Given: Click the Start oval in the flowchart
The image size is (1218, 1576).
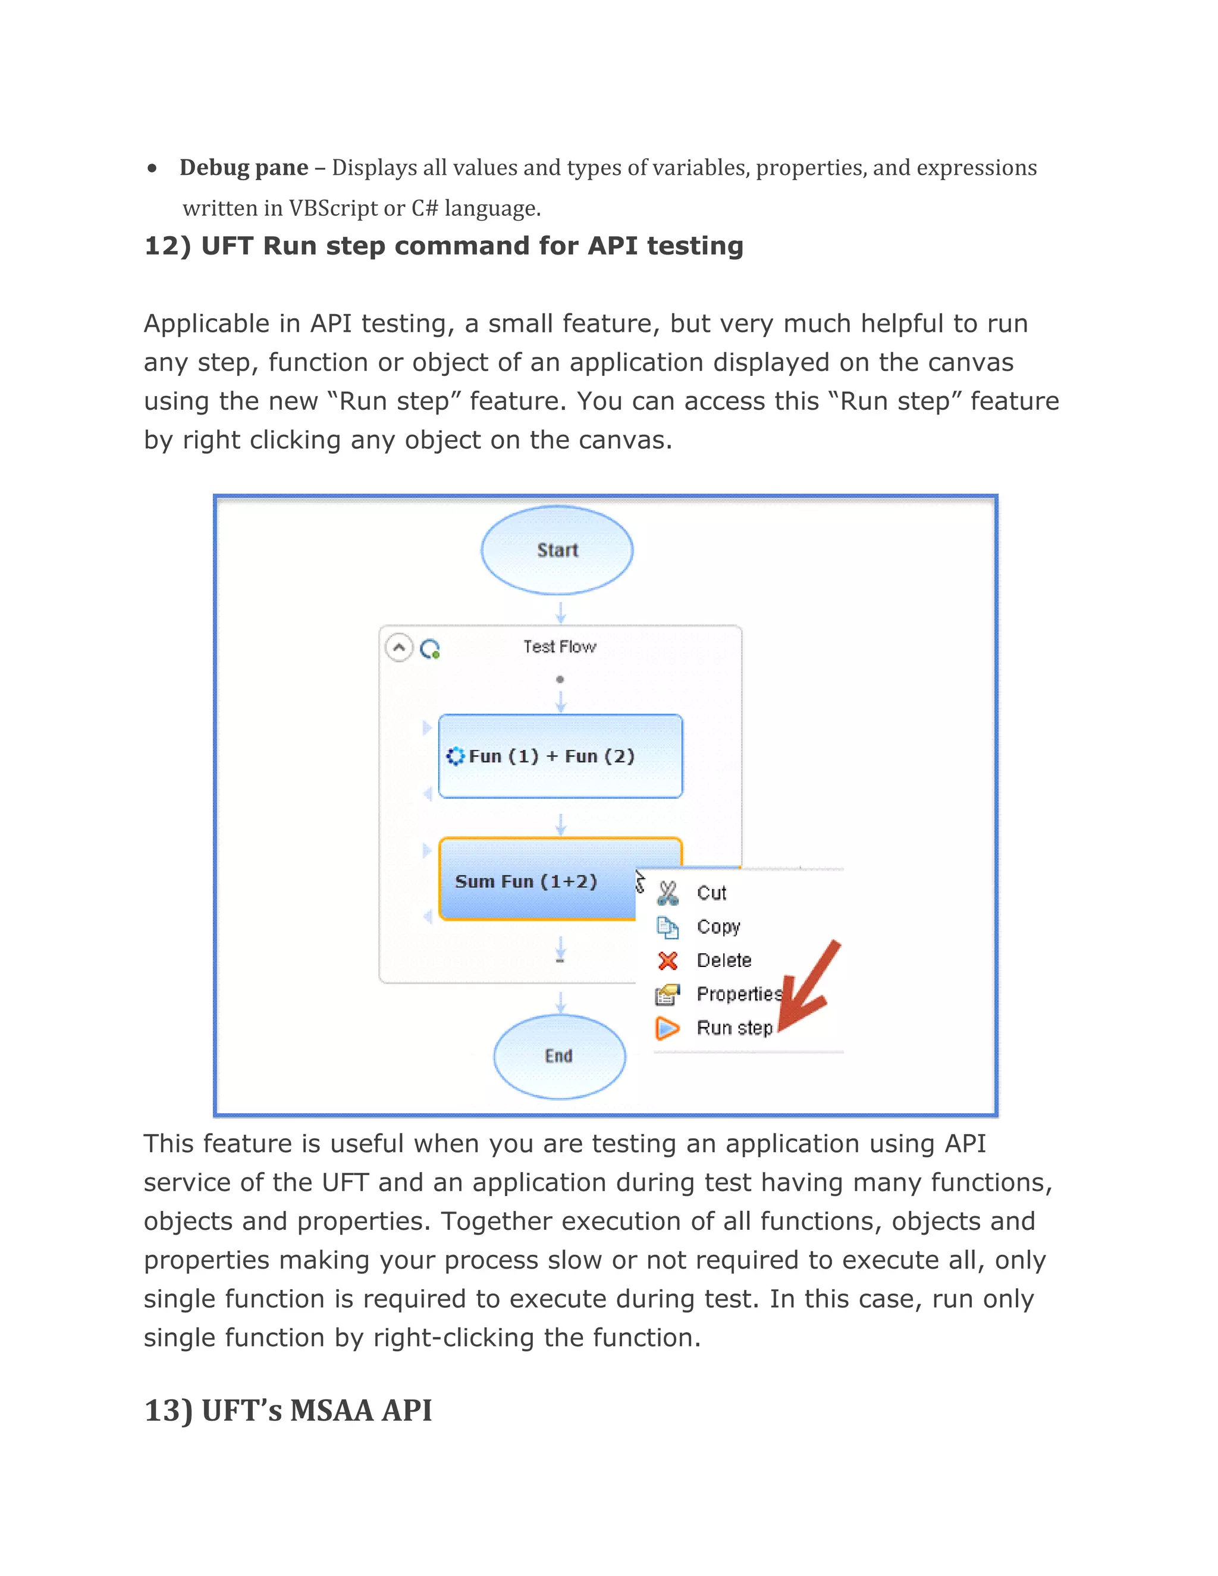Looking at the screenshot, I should click(x=557, y=550).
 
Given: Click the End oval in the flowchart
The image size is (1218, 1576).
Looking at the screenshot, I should click(x=559, y=1056).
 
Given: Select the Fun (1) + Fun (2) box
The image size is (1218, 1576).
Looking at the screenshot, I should click(x=560, y=755).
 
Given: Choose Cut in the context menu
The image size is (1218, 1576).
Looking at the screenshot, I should click(x=711, y=893).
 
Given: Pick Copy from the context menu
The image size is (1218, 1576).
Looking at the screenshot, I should click(x=718, y=927).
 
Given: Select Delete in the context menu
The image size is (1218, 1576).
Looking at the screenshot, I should click(x=724, y=960).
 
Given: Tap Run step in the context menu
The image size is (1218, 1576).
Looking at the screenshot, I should click(x=734, y=1028).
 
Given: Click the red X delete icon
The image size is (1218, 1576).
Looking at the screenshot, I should click(x=668, y=960).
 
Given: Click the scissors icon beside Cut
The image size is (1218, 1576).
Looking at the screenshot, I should click(x=668, y=893).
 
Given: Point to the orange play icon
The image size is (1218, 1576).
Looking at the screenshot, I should click(x=668, y=1028).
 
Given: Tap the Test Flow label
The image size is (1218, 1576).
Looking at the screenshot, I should click(x=560, y=646).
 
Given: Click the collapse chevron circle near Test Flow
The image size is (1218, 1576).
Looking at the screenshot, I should click(x=399, y=647).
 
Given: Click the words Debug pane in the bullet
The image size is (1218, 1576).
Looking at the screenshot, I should click(x=244, y=168).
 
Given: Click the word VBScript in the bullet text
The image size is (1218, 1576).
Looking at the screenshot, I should click(x=334, y=209).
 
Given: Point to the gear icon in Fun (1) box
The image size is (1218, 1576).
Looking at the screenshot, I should click(x=456, y=756).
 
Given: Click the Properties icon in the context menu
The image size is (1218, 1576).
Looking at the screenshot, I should click(x=668, y=994).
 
